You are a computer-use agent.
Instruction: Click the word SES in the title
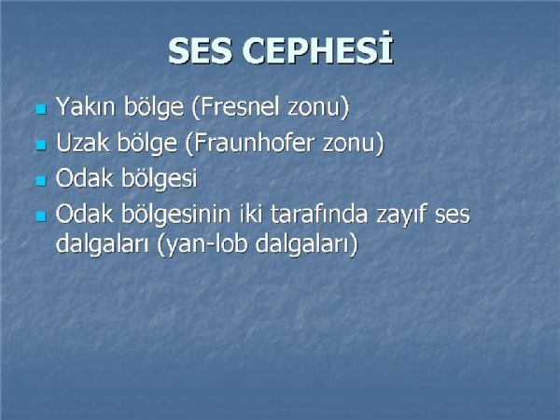pos(200,51)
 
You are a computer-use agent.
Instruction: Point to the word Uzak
pos(82,143)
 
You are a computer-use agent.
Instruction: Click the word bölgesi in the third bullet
pos(159,177)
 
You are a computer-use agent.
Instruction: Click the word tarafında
pos(318,213)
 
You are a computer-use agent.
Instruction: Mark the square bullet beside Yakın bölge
pos(41,109)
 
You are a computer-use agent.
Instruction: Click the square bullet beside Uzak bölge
pos(41,145)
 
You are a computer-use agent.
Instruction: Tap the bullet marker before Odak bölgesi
pos(41,180)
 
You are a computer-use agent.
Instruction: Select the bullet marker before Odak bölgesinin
pos(41,217)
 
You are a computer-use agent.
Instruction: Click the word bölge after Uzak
pos(147,143)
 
